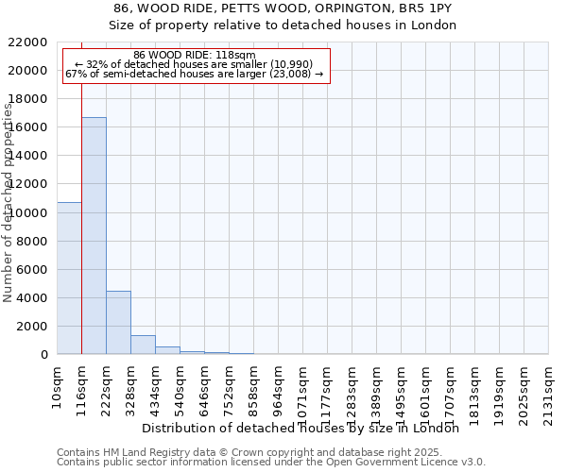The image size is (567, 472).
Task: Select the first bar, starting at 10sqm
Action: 69,278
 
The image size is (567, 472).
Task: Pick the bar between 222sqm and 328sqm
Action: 118,322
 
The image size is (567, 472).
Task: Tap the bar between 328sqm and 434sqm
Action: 143,345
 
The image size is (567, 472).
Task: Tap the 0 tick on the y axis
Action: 43,355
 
